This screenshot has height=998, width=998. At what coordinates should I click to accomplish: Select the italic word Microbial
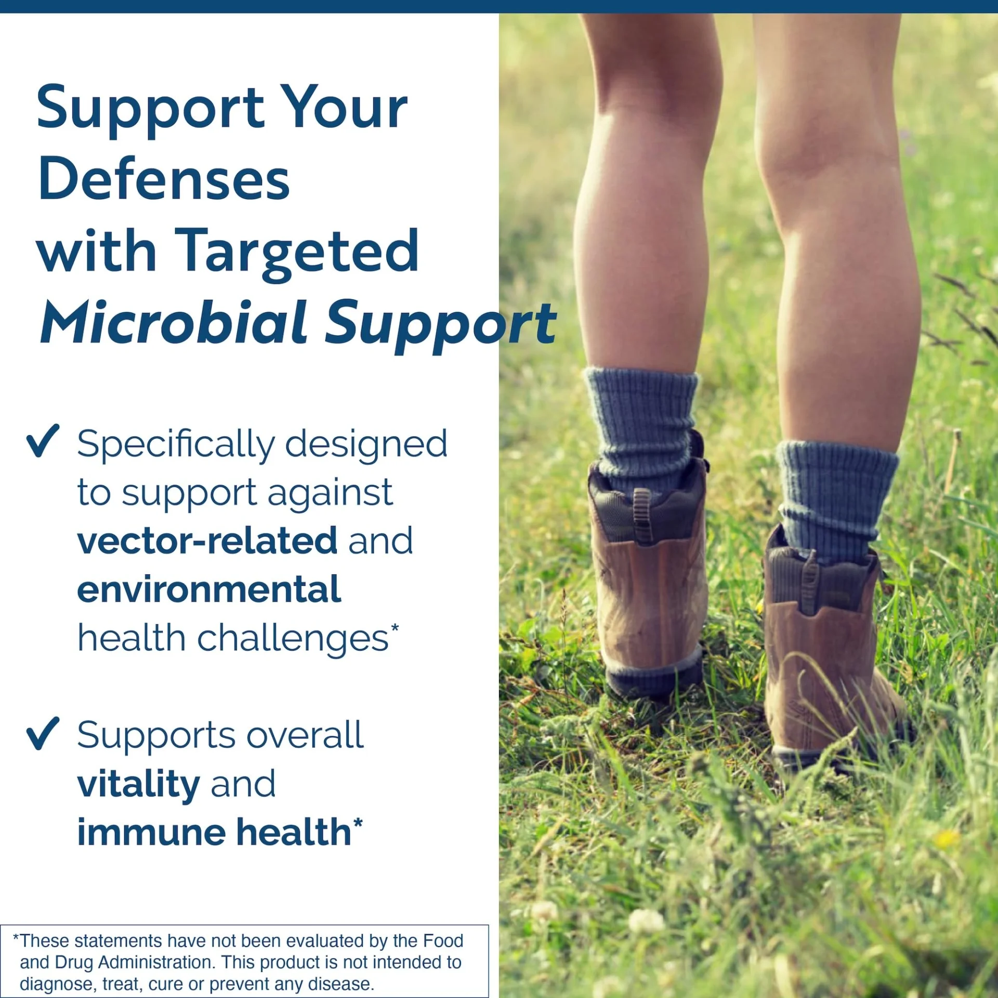coord(175,322)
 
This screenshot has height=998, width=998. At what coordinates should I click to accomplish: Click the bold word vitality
coord(139,784)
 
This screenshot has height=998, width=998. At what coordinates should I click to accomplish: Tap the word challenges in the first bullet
coord(293,638)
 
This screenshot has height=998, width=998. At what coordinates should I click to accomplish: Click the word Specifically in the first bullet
coord(176,445)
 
